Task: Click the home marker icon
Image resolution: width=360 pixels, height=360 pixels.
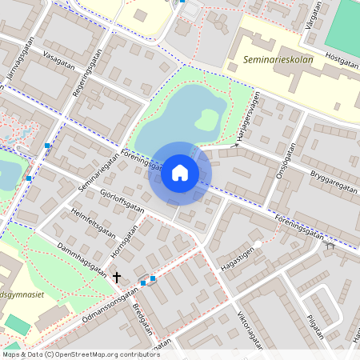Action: [x=180, y=173]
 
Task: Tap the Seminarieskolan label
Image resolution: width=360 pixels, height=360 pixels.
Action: [x=278, y=59]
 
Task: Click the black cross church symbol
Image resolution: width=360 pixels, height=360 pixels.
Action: [x=117, y=278]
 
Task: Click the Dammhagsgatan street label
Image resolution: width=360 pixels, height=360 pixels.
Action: [x=82, y=258]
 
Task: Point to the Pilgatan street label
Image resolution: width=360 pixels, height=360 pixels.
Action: [x=315, y=328]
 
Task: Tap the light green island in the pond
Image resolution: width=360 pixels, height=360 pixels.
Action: [x=206, y=121]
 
